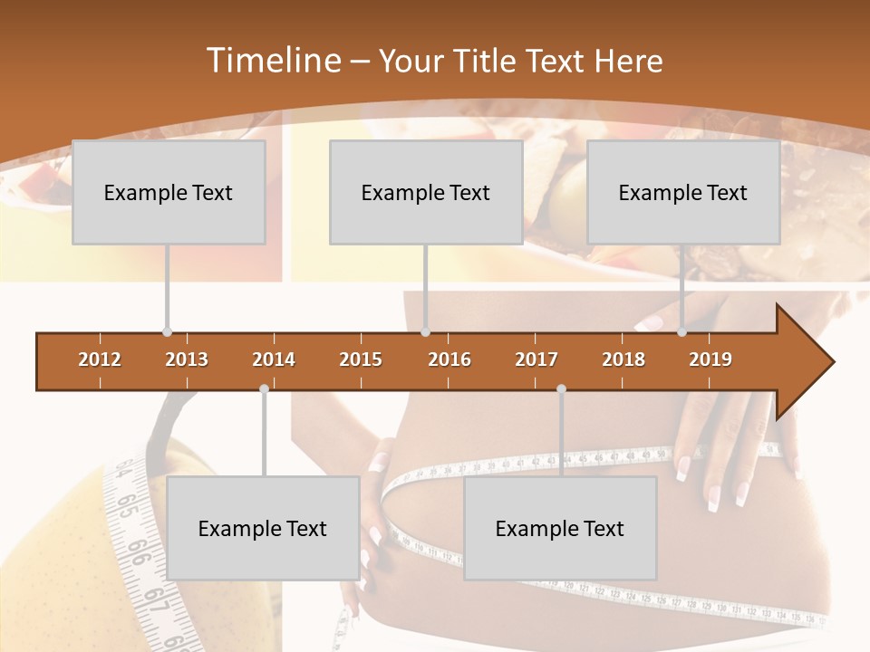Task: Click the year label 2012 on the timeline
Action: [x=100, y=360]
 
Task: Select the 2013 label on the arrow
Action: [x=187, y=360]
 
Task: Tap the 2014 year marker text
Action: [x=274, y=360]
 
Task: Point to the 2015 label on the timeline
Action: [x=361, y=360]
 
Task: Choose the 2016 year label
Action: [x=449, y=360]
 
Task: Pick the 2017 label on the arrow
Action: [x=536, y=360]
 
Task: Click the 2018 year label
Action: [x=623, y=360]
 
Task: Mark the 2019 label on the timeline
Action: [x=710, y=360]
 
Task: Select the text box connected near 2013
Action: [x=169, y=192]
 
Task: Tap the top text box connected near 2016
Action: [x=426, y=192]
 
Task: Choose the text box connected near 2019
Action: [x=683, y=192]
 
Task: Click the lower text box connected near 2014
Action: [x=263, y=528]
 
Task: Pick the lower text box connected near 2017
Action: [x=560, y=528]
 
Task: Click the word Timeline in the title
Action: [x=272, y=61]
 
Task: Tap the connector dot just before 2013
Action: [x=167, y=332]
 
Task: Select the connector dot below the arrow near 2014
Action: [x=264, y=388]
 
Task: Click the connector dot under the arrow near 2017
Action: [x=561, y=388]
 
